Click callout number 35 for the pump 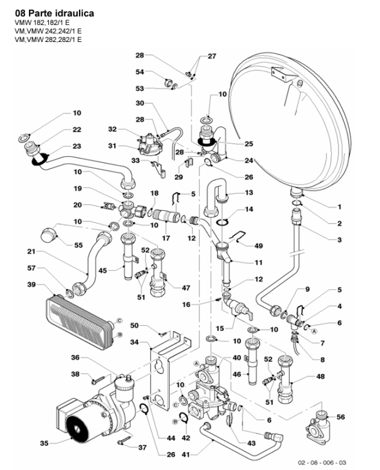[x=44, y=443]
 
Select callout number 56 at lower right [x=359, y=417]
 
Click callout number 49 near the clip [x=259, y=246]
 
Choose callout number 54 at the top [x=140, y=72]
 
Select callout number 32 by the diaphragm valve [x=113, y=130]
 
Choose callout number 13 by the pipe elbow [x=249, y=192]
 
